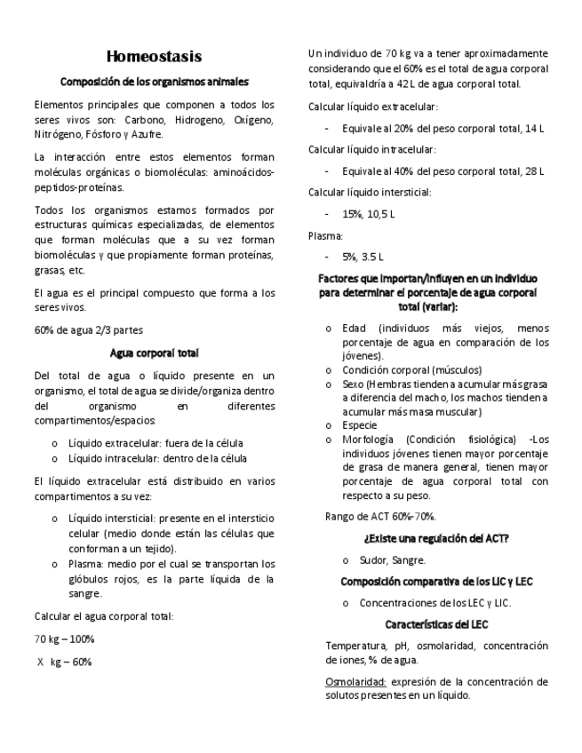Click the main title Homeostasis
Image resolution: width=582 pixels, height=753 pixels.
[154, 57]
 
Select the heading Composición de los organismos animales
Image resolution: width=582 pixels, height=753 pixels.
[154, 83]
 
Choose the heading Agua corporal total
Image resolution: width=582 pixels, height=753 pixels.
[154, 352]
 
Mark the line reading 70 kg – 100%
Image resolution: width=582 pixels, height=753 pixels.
[64, 639]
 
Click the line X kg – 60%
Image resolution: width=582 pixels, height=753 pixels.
[64, 662]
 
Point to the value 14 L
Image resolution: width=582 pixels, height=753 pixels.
[535, 129]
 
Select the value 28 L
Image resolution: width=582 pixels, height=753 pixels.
[535, 170]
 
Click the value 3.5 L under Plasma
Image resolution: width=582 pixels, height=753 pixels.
[371, 257]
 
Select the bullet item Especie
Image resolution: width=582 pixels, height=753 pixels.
[360, 424]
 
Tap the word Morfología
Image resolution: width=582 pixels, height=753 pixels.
[369, 440]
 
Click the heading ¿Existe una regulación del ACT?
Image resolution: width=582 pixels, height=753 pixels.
[435, 538]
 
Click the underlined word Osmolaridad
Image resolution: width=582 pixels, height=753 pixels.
[354, 682]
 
